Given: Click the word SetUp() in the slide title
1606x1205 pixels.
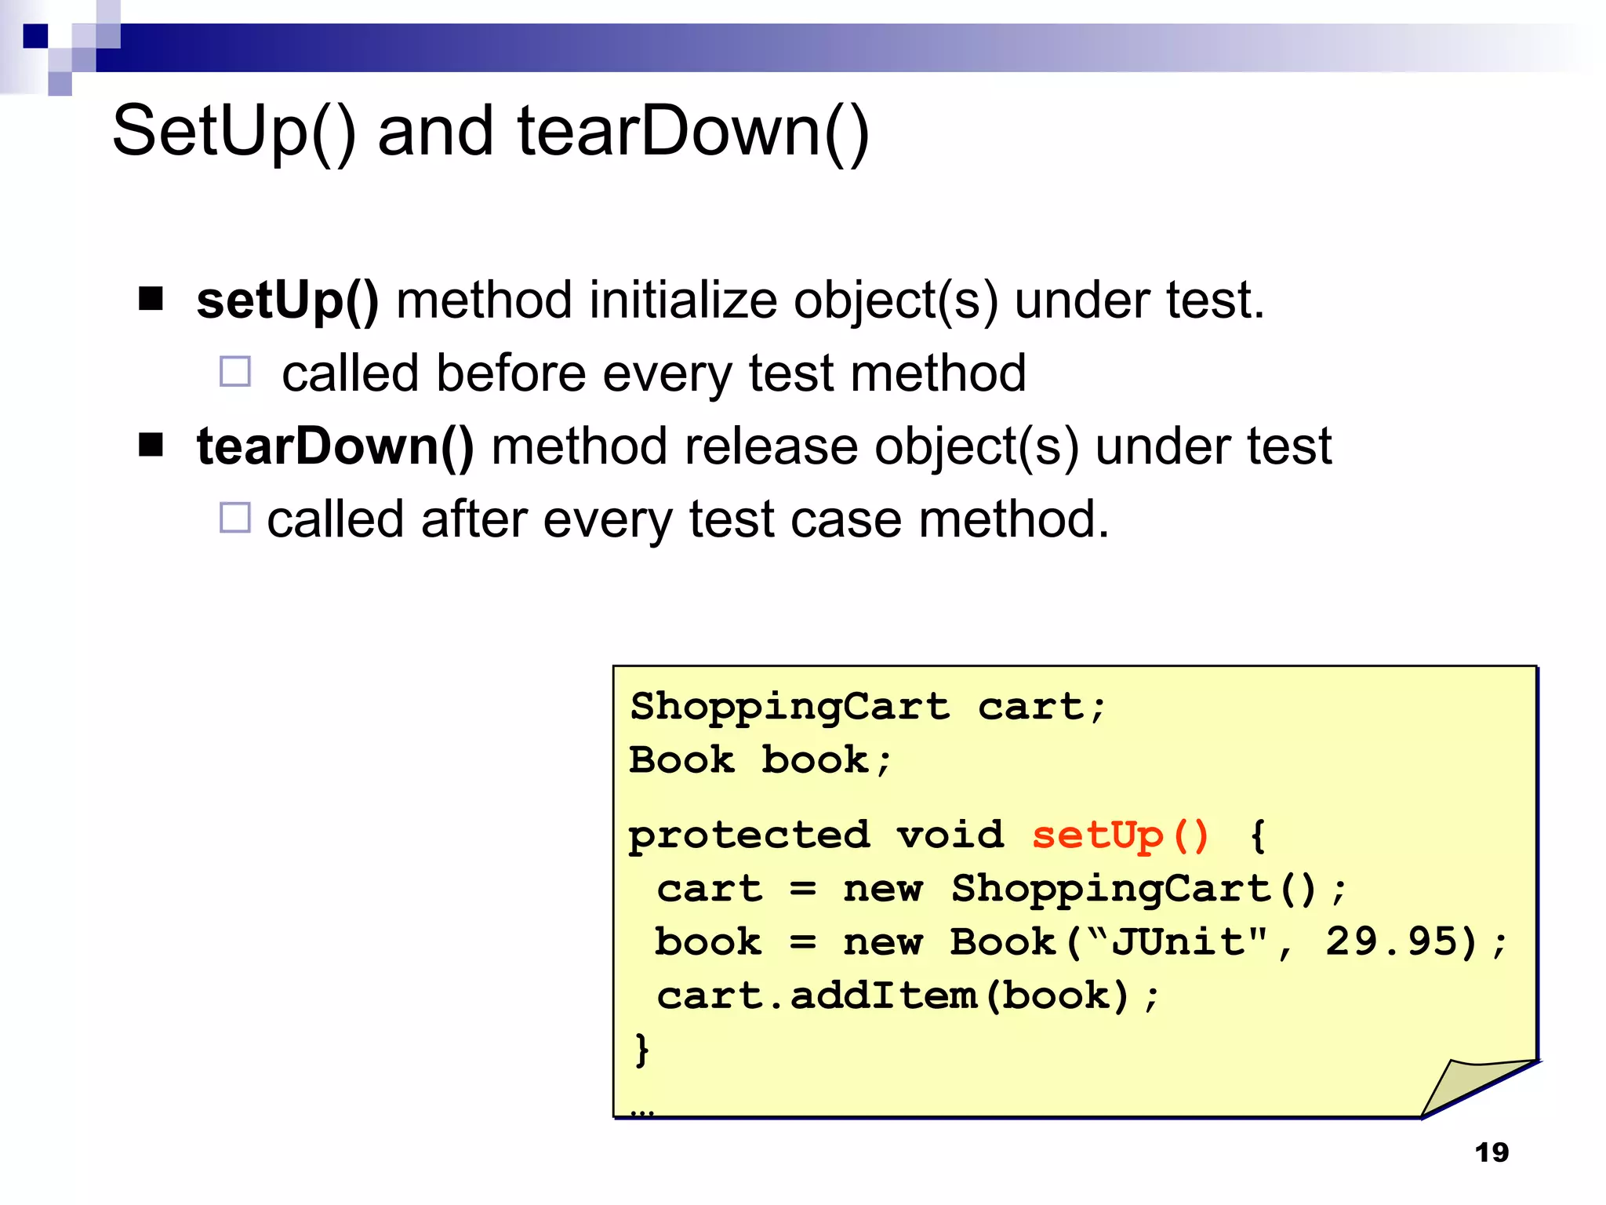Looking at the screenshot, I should [234, 132].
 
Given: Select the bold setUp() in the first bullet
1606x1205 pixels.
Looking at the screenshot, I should [288, 300].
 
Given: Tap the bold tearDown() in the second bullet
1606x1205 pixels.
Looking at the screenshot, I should [336, 446].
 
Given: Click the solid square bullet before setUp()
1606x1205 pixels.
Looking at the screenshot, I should [151, 299].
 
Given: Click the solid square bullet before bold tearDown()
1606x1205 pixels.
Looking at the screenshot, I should [151, 445].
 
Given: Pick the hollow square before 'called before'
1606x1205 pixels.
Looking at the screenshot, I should [235, 372].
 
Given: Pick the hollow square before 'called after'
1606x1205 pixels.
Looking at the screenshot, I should [235, 518].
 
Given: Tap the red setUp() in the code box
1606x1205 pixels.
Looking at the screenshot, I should [1120, 835].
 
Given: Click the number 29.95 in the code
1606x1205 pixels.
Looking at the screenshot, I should [1401, 941].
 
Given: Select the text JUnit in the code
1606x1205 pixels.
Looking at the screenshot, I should [1178, 941].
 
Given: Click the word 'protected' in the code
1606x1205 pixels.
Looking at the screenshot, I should [749, 835].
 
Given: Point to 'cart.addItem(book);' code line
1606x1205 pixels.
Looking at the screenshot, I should [907, 996].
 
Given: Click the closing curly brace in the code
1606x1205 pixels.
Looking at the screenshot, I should [641, 1049].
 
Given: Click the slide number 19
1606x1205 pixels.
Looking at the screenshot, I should [1492, 1152].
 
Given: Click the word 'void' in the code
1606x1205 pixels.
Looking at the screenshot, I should [950, 835].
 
